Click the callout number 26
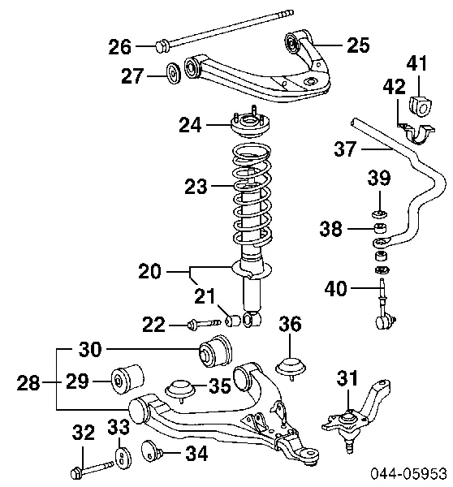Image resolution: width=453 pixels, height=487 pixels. click(119, 47)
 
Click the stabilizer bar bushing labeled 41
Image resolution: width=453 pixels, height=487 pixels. click(421, 105)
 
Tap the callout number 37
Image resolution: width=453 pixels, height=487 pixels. click(344, 149)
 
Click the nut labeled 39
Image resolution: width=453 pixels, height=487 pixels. click(379, 213)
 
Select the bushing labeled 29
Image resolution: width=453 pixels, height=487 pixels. click(127, 378)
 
